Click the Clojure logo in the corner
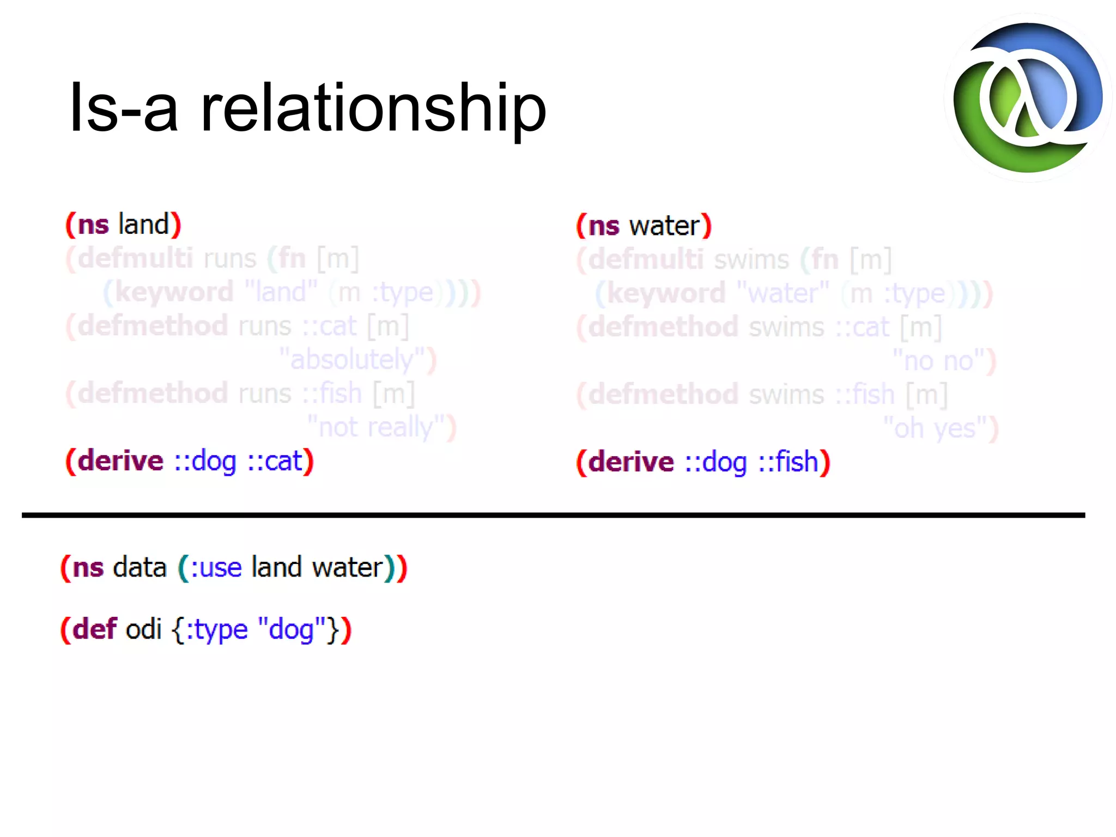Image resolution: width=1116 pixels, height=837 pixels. (1028, 98)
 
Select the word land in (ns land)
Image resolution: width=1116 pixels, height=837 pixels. (144, 225)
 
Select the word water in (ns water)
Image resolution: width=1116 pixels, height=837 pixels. (664, 226)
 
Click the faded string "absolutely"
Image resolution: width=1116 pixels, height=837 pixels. (352, 360)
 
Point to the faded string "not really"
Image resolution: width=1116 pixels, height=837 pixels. (376, 427)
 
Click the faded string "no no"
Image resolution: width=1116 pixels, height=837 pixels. (938, 361)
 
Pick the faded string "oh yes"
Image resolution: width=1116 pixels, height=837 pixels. (935, 428)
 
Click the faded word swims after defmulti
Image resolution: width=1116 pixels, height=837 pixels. (751, 260)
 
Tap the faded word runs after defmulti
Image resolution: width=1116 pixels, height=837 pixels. (229, 258)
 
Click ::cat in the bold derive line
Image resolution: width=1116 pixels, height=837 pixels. (275, 461)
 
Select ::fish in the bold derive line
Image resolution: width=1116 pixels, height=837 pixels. (789, 462)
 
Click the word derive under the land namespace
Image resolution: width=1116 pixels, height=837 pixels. (120, 461)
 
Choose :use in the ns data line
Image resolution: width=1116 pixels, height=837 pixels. (216, 568)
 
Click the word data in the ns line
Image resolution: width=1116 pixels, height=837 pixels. (139, 568)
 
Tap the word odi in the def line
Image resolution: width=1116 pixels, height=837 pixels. (144, 629)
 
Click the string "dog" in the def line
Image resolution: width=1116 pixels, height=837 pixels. (292, 629)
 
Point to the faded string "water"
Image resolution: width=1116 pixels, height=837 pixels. (783, 294)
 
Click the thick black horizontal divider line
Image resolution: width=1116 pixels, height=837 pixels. (554, 515)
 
